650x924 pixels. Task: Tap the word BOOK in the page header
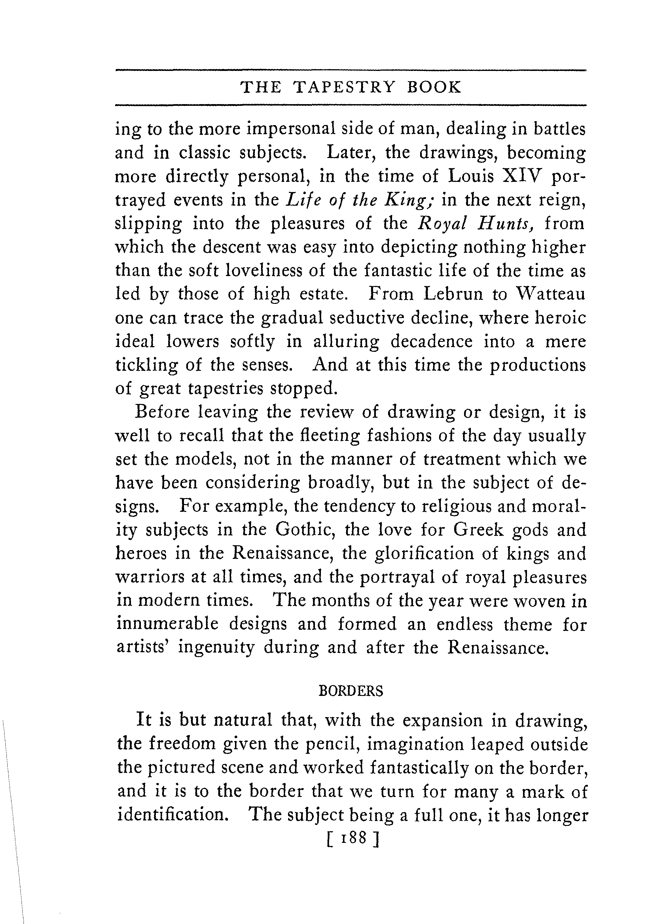coord(434,87)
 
